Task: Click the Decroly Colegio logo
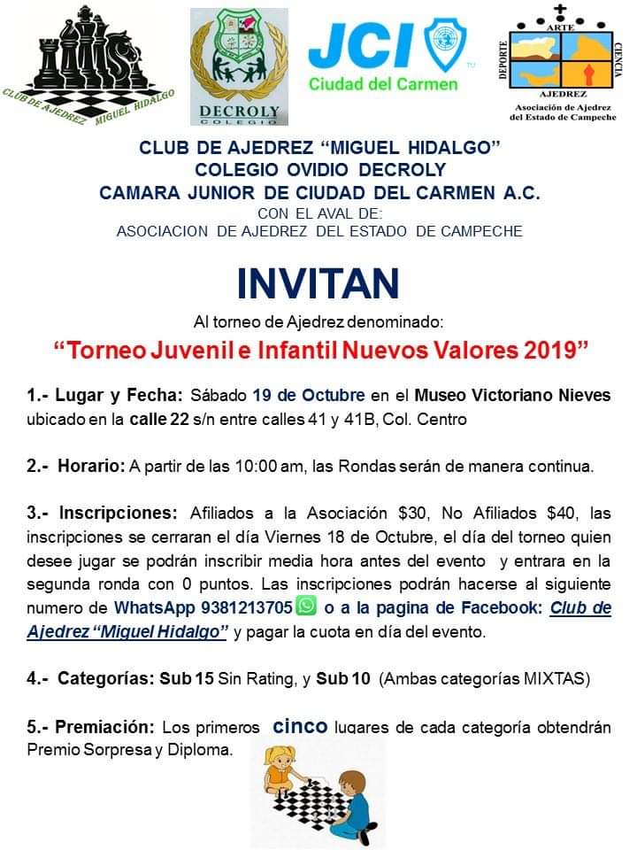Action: [x=239, y=66]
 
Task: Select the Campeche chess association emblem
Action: [x=561, y=62]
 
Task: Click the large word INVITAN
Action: [x=318, y=282]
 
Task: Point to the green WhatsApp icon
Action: [x=306, y=607]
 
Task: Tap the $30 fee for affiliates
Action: [x=399, y=514]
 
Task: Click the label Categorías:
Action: [x=105, y=679]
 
